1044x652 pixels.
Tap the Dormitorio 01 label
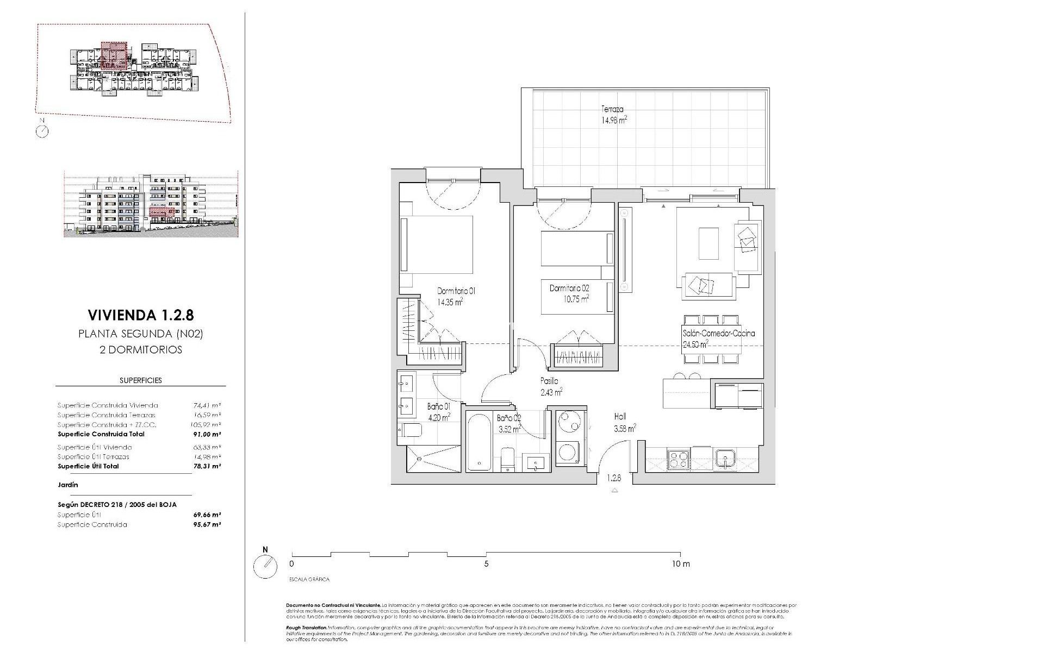tap(456, 291)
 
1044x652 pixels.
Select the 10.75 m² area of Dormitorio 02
tap(577, 299)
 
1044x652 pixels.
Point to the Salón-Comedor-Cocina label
tap(718, 334)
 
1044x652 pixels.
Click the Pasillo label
tap(549, 381)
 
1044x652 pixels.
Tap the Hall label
tap(620, 417)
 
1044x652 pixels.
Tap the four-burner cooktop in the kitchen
tap(678, 460)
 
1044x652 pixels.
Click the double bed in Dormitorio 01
tap(437, 244)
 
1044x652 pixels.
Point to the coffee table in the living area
tap(708, 243)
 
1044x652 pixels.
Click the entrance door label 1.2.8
tap(614, 479)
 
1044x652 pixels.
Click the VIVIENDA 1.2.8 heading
tap(140, 315)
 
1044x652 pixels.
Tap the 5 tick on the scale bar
tap(486, 564)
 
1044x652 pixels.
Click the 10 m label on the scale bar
tap(680, 564)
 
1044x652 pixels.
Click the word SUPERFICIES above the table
tap(141, 380)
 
